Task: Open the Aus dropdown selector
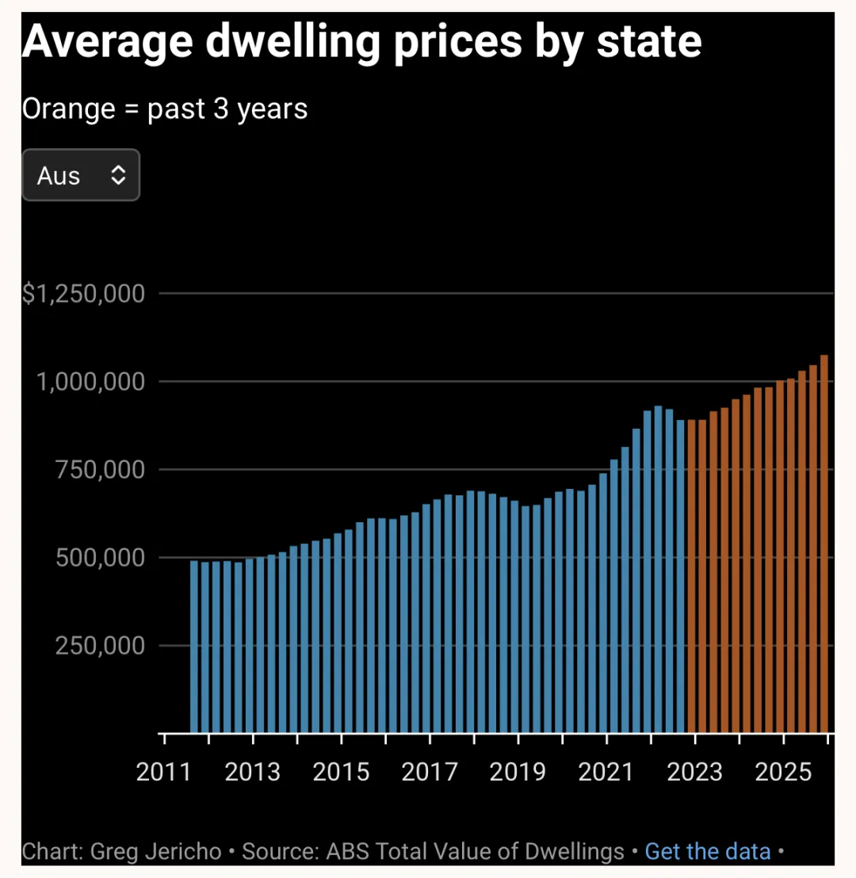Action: pos(81,175)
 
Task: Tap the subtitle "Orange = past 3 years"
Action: pos(165,109)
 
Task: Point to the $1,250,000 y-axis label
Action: pos(83,295)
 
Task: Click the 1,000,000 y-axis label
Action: pos(94,382)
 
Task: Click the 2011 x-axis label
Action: pos(164,772)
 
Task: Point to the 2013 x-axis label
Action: pos(253,772)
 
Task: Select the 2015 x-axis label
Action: pos(342,772)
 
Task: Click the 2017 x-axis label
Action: pos(430,772)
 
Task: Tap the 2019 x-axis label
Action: pos(518,772)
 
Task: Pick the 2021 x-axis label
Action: pos(606,772)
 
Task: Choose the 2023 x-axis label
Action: pos(695,772)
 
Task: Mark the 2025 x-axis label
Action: pos(783,772)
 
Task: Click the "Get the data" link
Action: pos(708,852)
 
